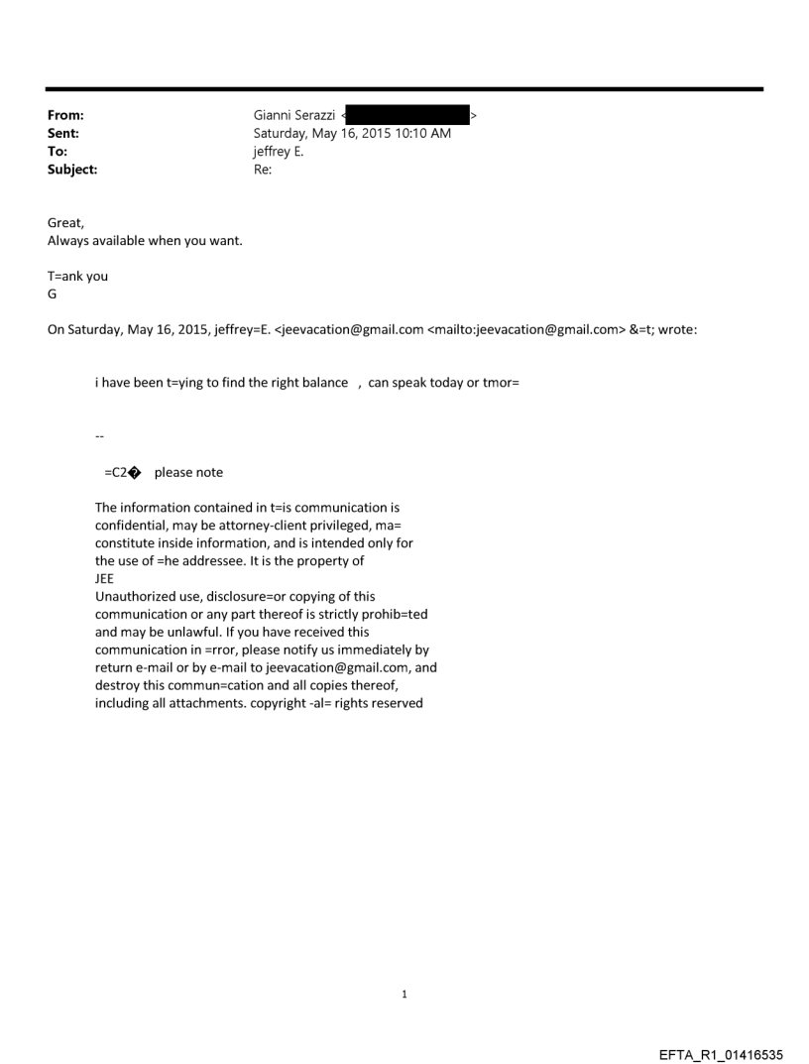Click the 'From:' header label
[x=65, y=116]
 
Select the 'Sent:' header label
[x=63, y=133]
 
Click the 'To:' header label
[x=58, y=152]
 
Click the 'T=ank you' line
[x=77, y=277]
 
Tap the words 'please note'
[x=188, y=472]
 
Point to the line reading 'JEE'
[x=105, y=579]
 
